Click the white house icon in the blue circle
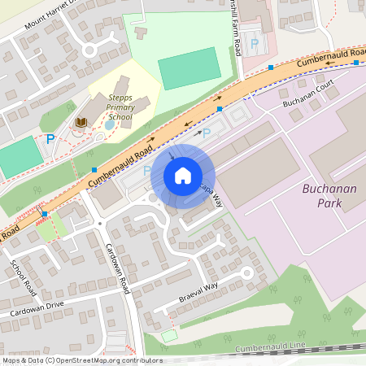click(x=182, y=176)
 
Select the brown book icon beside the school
click(x=81, y=122)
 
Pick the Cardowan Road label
click(x=120, y=268)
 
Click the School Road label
click(x=24, y=277)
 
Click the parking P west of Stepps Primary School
click(x=50, y=139)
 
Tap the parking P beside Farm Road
click(x=254, y=42)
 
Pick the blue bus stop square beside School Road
click(x=46, y=213)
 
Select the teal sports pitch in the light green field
click(x=190, y=68)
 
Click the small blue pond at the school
click(x=110, y=125)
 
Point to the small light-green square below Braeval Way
click(x=168, y=335)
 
